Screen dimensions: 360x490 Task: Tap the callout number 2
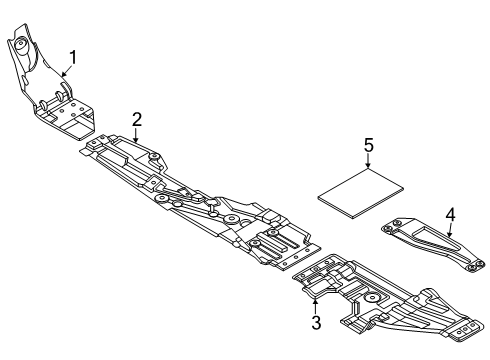pyautogui.click(x=137, y=119)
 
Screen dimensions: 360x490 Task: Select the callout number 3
pyautogui.click(x=315, y=322)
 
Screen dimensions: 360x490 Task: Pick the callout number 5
pyautogui.click(x=369, y=146)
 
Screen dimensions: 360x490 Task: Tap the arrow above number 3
pyautogui.click(x=315, y=302)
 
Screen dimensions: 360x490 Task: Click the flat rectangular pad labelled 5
pyautogui.click(x=361, y=193)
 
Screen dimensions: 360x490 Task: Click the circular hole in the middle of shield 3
pyautogui.click(x=371, y=299)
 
